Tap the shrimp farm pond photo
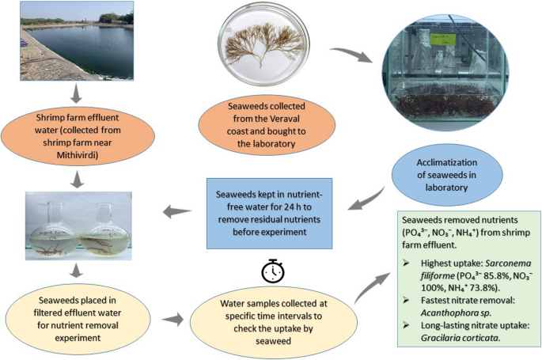click(x=77, y=39)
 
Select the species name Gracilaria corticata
click(x=444, y=339)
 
